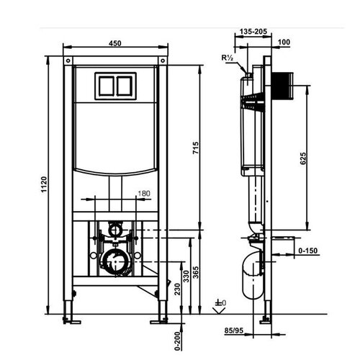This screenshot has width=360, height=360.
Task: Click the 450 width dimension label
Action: tap(115, 43)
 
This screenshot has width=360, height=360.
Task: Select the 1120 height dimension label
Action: tap(44, 184)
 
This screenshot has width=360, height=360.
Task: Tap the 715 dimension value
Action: tap(196, 148)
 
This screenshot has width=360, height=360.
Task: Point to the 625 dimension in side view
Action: tap(303, 158)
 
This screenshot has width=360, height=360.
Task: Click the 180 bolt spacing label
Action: tap(144, 194)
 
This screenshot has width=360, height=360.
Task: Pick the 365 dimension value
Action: tap(196, 272)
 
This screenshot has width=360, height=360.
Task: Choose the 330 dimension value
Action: tap(186, 276)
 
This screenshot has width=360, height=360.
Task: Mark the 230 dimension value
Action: tap(177, 289)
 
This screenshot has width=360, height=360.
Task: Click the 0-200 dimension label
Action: tap(177, 341)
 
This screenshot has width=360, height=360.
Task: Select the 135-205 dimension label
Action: tap(253, 32)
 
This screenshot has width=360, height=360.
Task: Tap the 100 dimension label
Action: tap(284, 42)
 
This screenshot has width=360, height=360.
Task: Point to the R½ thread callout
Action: tap(227, 58)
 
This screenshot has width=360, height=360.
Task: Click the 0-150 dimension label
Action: tap(308, 251)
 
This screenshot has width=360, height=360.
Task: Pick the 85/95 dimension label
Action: tap(234, 330)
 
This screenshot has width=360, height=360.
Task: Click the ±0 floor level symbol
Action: tap(220, 303)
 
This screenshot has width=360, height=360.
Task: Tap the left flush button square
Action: tap(107, 86)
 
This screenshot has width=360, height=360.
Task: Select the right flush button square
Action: tap(125, 86)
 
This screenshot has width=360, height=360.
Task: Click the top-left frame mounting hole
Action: tap(68, 60)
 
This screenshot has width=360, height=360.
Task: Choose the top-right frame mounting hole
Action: tap(163, 60)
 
